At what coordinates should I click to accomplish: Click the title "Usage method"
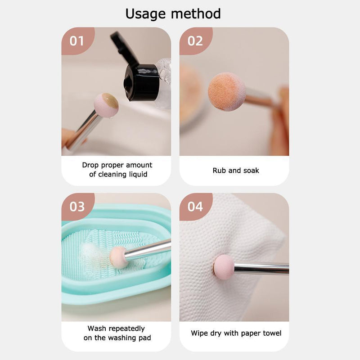pos(173,13)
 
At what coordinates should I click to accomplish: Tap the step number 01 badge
pos(77,41)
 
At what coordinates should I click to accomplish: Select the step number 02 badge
pos(195,41)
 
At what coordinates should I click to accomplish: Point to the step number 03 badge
pos(77,207)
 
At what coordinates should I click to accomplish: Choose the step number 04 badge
pos(195,207)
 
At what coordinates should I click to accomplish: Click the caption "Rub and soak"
pos(236,171)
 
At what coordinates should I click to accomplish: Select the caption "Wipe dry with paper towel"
pos(236,333)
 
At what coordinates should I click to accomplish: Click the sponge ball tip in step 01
pos(106,105)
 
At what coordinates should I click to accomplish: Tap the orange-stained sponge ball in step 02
pos(226,91)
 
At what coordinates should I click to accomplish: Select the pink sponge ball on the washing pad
pos(118,256)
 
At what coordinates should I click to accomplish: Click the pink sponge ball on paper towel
pos(224,267)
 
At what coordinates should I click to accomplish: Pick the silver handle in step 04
pos(261,269)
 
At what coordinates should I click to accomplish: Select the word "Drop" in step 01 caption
pos(90,165)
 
